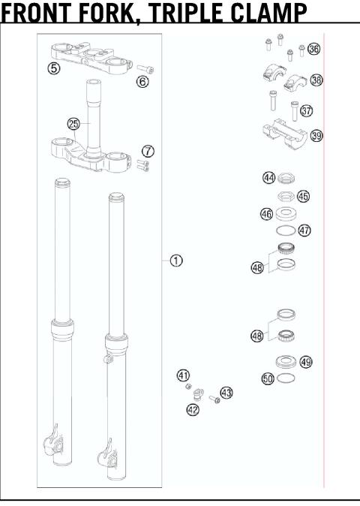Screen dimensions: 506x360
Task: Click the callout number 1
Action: coord(176,261)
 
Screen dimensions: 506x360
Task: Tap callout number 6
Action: coord(142,80)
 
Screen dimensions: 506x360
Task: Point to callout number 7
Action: coord(148,151)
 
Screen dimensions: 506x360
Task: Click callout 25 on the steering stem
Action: coord(73,124)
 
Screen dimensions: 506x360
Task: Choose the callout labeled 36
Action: coord(313,50)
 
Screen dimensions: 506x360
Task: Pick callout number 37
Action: coord(306,110)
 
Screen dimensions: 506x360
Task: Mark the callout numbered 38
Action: coord(316,80)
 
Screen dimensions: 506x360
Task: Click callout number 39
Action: coord(316,136)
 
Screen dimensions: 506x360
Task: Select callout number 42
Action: coord(193,409)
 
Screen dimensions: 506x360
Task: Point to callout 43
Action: coord(226,392)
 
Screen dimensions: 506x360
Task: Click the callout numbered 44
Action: coord(268,178)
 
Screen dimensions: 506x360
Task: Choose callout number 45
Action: coord(303,196)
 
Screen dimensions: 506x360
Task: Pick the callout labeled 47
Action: coord(304,230)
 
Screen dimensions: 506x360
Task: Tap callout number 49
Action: coord(305,362)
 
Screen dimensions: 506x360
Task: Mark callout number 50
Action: coord(268,379)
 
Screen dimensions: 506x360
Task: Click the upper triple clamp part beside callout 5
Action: coord(90,56)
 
